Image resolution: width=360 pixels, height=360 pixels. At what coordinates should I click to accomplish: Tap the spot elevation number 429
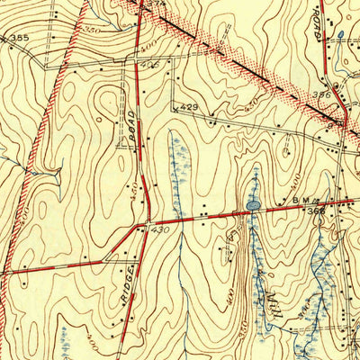[187, 107]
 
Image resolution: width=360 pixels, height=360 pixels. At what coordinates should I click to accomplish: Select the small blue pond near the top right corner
[340, 36]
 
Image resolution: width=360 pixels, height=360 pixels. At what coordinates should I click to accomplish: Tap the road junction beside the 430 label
[146, 223]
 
